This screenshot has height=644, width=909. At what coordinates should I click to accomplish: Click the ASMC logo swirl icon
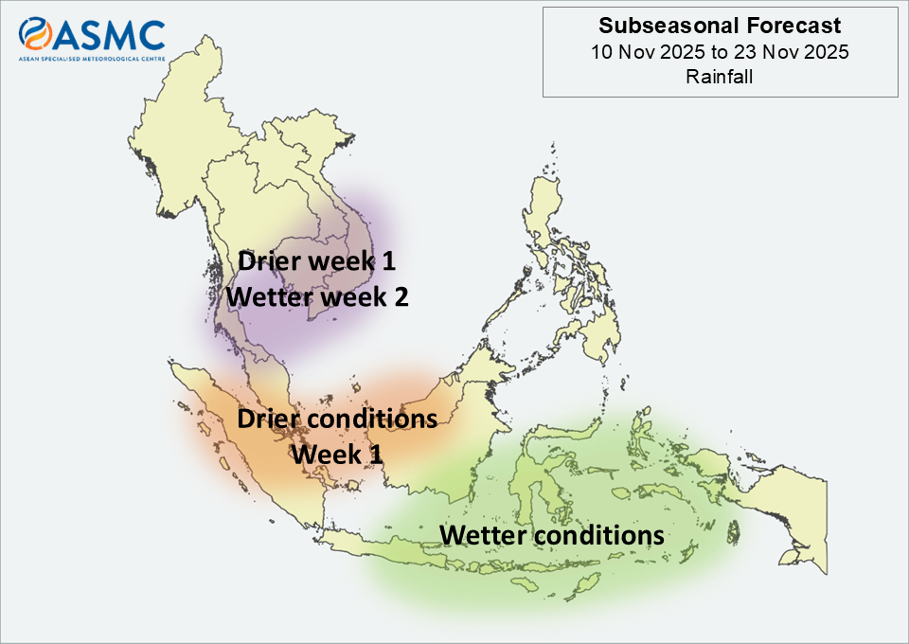click(35, 33)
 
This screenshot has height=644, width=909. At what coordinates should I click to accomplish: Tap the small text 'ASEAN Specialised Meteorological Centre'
click(92, 59)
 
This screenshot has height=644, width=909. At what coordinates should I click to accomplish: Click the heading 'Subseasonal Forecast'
click(720, 26)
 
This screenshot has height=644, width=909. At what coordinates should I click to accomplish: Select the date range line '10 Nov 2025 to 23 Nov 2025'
click(720, 52)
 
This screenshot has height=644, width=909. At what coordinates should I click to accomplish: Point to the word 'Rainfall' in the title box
click(720, 77)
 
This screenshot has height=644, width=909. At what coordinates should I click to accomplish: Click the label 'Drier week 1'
click(316, 260)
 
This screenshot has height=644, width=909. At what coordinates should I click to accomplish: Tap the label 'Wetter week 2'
click(317, 296)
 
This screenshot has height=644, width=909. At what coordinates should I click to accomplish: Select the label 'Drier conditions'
click(337, 419)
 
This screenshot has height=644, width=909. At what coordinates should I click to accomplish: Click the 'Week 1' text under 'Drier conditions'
click(337, 454)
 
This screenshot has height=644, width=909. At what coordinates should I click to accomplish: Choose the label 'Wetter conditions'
click(552, 535)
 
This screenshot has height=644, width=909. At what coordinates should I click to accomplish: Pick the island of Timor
click(581, 586)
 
